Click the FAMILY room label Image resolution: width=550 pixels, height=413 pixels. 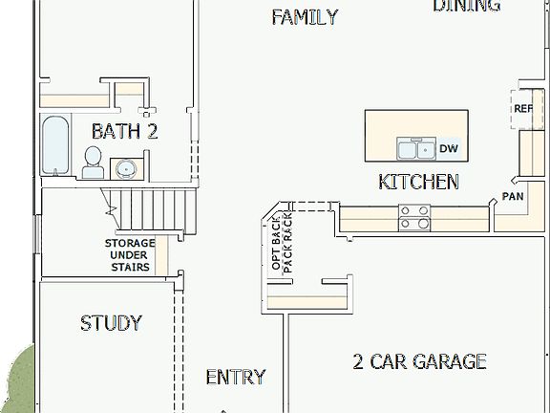[x=304, y=16]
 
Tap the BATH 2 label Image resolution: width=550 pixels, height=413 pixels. [x=124, y=131]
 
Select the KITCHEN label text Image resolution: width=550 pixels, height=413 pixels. [x=418, y=182]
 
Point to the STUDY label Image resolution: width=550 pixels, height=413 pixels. [x=111, y=323]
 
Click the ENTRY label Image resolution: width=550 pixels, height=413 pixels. [x=236, y=378]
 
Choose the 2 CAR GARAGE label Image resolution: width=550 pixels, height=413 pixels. [x=419, y=361]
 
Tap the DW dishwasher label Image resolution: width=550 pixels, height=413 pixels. [x=449, y=148]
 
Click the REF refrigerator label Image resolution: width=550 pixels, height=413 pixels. [x=523, y=109]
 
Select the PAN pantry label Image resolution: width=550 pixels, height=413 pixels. [x=513, y=197]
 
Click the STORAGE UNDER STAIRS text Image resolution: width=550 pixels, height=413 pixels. [x=129, y=255]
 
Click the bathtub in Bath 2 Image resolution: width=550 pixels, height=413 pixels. [x=55, y=146]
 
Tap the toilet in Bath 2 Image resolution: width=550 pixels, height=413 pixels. [x=94, y=163]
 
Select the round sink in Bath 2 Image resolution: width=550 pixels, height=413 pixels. [x=125, y=169]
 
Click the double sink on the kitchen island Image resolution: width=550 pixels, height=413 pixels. [x=415, y=148]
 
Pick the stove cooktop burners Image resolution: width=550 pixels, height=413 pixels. [x=414, y=218]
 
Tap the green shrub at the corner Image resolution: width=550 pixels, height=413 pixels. [x=16, y=382]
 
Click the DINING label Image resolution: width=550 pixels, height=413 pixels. [x=466, y=6]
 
